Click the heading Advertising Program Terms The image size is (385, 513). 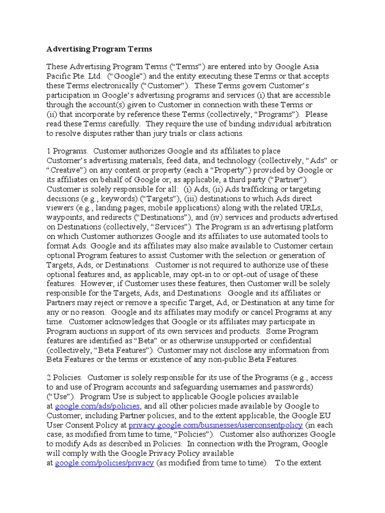click(99, 49)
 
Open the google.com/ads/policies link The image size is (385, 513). click(97, 406)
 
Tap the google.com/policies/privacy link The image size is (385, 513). click(104, 463)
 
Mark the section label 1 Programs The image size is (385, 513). click(67, 151)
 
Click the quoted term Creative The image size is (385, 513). click(65, 170)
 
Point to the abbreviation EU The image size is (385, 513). click(323, 416)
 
